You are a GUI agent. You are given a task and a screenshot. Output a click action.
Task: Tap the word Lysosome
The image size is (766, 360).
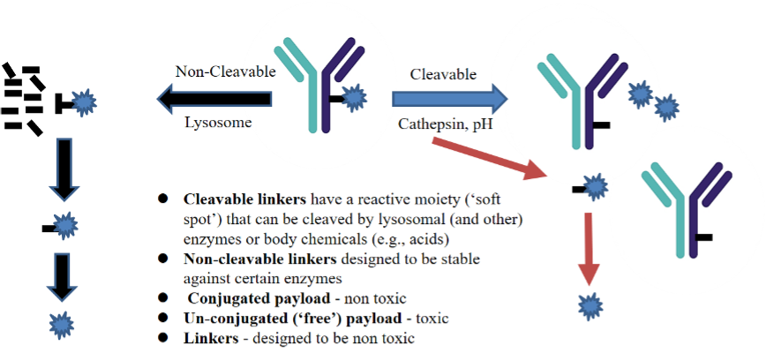coord(217,123)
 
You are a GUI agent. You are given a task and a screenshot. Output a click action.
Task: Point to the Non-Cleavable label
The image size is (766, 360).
coord(225,72)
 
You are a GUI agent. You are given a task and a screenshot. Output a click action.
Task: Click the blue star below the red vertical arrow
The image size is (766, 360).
coord(590,306)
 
